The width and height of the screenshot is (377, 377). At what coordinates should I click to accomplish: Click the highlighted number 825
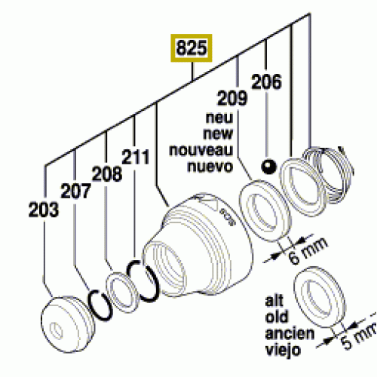click(192, 48)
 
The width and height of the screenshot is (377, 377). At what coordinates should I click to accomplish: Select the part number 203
click(44, 210)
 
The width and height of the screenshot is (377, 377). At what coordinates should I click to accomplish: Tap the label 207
click(75, 191)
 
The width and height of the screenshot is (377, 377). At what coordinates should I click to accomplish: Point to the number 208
click(107, 173)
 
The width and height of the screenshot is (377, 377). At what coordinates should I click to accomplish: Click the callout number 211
click(136, 157)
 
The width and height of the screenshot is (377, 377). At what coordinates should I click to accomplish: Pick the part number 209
click(232, 98)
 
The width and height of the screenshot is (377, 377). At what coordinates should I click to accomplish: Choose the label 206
click(266, 81)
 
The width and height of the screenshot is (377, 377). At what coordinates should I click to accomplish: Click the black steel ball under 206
click(268, 167)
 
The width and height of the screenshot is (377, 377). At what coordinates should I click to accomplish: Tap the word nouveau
click(201, 150)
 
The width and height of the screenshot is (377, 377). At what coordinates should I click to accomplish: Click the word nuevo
click(210, 167)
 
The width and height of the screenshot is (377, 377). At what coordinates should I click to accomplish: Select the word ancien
click(290, 333)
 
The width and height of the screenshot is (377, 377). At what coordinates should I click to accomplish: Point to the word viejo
click(283, 350)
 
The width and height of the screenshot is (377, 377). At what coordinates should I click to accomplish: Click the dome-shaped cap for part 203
click(68, 324)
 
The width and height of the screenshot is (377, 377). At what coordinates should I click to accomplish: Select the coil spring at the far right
click(328, 173)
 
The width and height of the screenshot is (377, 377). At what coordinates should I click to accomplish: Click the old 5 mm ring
click(319, 298)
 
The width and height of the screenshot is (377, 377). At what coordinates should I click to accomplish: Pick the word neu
click(219, 118)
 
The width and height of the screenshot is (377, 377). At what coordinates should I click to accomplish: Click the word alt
click(274, 300)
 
